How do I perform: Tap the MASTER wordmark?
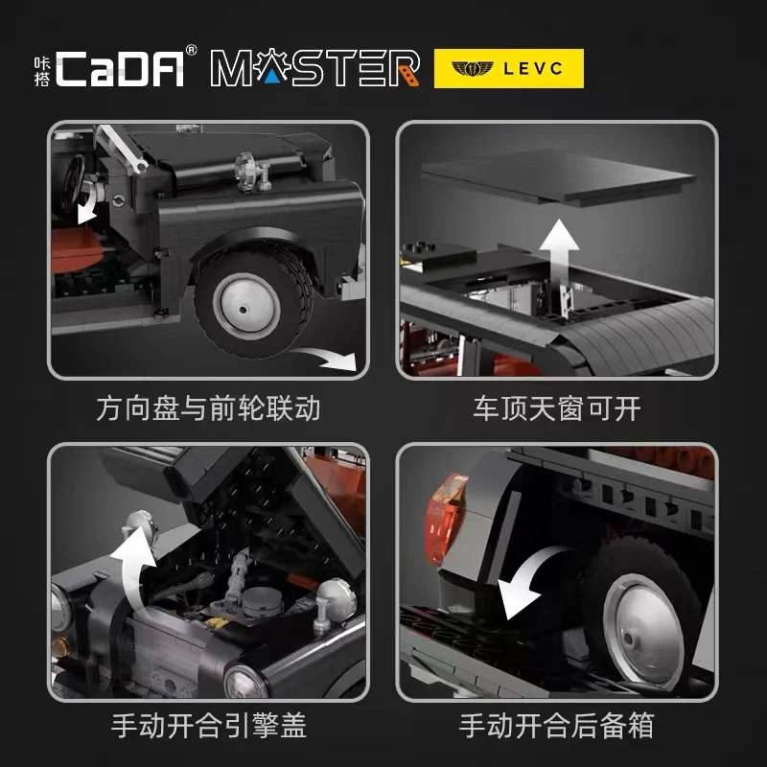click(315, 67)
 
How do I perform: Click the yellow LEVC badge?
click(509, 68)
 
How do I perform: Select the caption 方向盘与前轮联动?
click(208, 409)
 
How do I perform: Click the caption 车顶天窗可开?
click(557, 409)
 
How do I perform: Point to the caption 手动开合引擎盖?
click(209, 726)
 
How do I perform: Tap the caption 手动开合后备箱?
click(557, 726)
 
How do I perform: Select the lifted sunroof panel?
click(559, 176)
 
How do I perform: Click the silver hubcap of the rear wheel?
click(644, 631)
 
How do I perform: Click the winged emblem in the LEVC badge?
click(472, 68)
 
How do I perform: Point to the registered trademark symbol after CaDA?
click(191, 51)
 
